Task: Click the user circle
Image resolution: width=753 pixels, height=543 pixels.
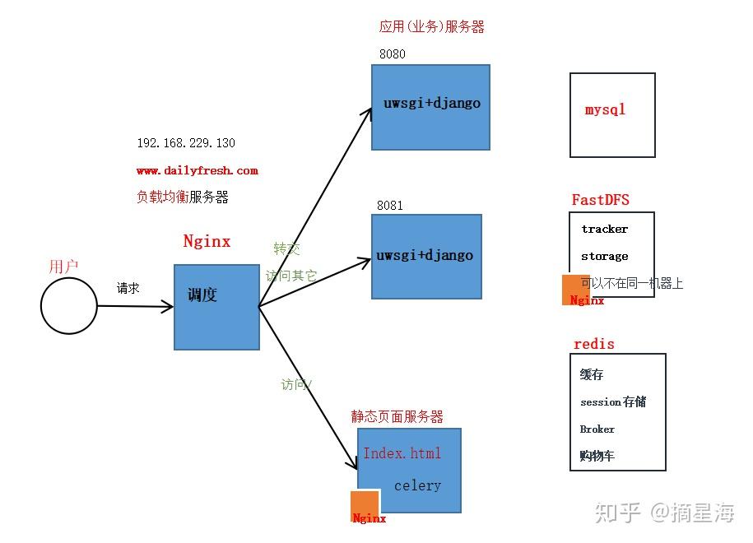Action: point(69,306)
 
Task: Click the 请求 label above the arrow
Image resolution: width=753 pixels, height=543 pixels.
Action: point(128,288)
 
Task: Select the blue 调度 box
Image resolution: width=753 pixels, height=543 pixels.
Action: point(216,307)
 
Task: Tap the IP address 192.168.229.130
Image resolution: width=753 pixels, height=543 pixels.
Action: point(186,143)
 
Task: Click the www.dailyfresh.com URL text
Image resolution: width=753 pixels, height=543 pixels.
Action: point(198,171)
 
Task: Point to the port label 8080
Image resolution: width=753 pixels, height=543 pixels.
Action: point(392,54)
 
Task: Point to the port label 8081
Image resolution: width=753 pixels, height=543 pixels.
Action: point(390,205)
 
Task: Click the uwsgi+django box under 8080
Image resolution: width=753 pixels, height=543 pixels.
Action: point(430,107)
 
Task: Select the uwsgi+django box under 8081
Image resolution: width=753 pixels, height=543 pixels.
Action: point(425,257)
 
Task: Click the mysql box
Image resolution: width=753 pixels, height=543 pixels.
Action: point(612,115)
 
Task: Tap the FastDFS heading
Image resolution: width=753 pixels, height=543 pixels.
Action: point(601,200)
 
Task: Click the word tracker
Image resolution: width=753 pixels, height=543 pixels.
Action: point(604,230)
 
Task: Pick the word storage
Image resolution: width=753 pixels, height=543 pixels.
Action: point(604,257)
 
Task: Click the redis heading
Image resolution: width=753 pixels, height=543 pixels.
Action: point(594,344)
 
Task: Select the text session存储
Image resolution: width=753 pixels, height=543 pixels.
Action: point(613,401)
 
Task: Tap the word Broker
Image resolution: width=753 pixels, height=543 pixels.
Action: point(597,429)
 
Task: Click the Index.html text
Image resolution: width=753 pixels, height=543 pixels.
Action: point(402,453)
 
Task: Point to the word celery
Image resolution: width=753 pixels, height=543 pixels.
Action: point(417,485)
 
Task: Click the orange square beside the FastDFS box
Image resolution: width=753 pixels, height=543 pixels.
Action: point(576,288)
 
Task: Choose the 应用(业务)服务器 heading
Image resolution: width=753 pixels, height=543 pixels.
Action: point(432,26)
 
